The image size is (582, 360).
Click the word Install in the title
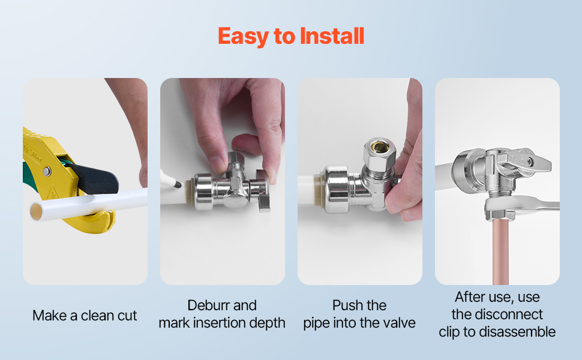332,36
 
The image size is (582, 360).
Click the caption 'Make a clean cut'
85,316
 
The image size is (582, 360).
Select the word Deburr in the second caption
206,305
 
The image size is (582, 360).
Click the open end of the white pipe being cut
37,210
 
